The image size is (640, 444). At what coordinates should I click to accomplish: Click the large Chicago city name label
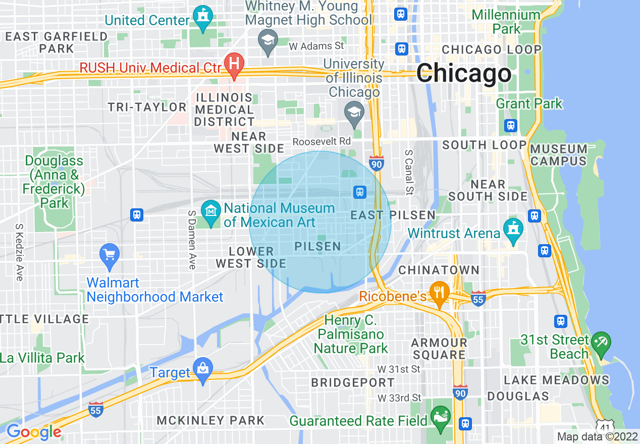(x=464, y=74)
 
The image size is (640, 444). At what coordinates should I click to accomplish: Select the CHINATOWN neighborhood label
(x=439, y=270)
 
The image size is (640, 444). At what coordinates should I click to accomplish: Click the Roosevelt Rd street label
(x=322, y=142)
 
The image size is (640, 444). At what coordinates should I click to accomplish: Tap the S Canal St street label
(x=409, y=172)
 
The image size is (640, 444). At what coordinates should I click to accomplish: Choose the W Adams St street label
(x=316, y=46)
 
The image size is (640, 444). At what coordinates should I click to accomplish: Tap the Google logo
(x=34, y=432)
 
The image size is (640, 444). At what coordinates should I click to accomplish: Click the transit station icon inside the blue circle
(x=359, y=191)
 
